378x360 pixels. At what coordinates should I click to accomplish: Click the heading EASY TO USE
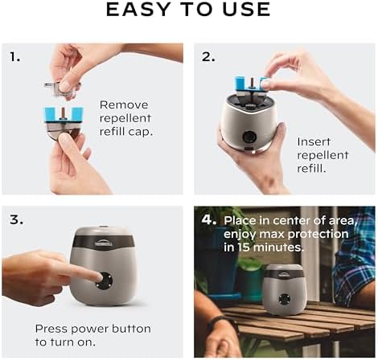188,11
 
